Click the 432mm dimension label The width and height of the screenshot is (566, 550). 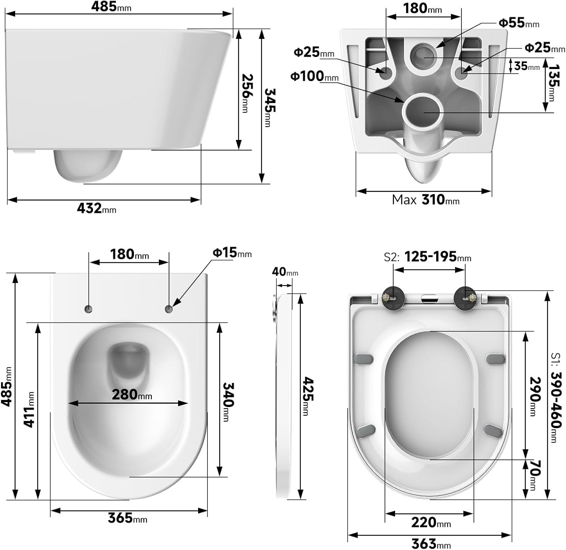[x=96, y=208]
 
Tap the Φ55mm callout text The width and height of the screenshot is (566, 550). [x=518, y=23]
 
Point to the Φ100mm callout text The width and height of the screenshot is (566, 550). [x=314, y=76]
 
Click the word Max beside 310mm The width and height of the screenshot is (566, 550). [x=404, y=200]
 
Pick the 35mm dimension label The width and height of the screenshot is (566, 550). [x=527, y=66]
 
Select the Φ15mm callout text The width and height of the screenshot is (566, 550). [x=232, y=253]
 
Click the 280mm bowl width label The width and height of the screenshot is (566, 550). [x=132, y=395]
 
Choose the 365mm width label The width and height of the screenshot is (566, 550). [x=127, y=518]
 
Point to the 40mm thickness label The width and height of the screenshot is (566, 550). [x=285, y=272]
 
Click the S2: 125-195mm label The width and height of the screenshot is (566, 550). [x=428, y=257]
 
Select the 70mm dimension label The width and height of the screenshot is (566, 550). [x=535, y=475]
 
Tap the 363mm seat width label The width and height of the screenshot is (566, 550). [x=431, y=544]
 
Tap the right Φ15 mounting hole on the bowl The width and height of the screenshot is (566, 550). [x=169, y=309]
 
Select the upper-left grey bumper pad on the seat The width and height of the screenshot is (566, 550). [x=363, y=359]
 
